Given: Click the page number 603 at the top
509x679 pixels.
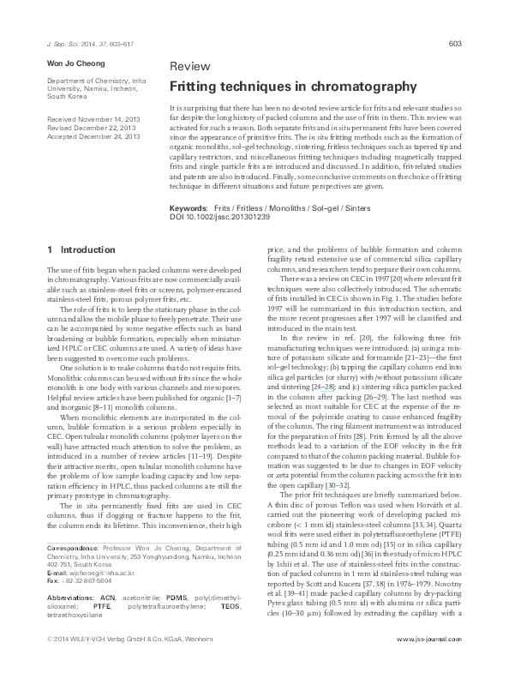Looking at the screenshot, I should tap(456, 43).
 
